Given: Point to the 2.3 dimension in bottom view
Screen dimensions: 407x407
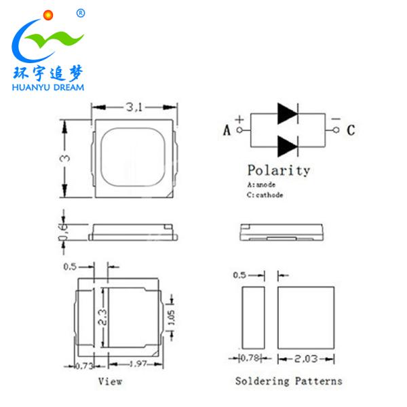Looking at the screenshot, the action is (102, 316).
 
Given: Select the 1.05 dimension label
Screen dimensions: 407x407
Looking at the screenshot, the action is (172, 315).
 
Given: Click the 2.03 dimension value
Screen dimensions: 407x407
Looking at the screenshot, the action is (307, 357).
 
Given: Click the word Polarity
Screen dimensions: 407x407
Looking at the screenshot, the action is (278, 170).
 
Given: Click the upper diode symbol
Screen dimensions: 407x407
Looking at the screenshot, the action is (288, 114).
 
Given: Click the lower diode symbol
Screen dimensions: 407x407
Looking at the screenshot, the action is (288, 145).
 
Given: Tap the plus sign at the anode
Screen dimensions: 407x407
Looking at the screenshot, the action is (239, 120).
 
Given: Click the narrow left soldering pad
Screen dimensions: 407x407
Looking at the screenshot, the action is (253, 315).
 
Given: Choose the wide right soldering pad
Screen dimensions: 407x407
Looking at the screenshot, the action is (307, 315).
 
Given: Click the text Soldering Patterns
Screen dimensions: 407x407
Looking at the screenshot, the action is (288, 381).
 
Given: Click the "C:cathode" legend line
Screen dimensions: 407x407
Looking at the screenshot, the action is (265, 195).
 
